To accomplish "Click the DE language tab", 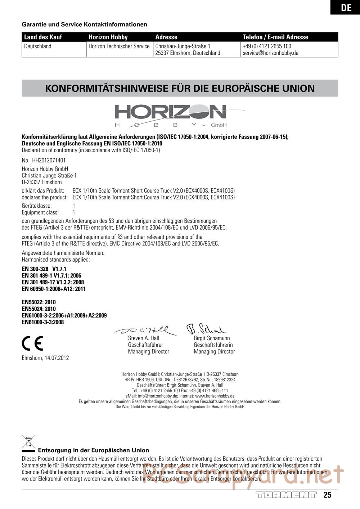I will pos(346,8).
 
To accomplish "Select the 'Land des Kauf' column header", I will pos(43,37).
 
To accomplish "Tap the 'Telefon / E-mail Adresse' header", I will pos(275,37).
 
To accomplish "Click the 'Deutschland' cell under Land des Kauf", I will pos(38,46).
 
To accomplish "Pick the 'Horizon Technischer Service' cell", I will pos(119,46).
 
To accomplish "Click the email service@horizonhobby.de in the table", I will pos(270,53).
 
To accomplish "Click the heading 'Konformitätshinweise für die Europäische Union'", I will pos(180,88).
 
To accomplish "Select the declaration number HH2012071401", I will pos(49,160).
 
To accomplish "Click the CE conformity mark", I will pos(32,343).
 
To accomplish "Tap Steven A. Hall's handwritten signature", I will pos(145,330).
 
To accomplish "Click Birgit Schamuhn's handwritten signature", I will pos(206,328).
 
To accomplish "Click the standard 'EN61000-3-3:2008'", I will pos(43,322).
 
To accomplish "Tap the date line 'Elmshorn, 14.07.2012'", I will pos(45,358).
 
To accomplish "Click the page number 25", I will pos(327,495).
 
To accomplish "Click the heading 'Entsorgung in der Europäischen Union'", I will pos(94,450).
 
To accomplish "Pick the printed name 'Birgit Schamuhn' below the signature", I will pos(212,338).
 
